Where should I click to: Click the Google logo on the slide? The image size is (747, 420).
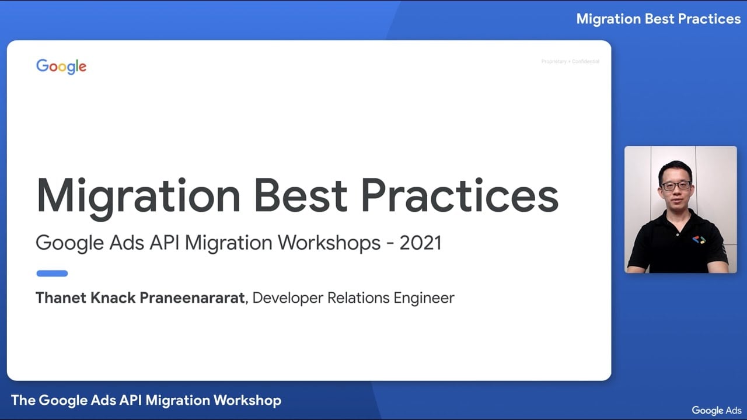[61, 66]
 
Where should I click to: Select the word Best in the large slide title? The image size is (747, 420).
[301, 195]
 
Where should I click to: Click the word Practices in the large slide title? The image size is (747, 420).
[460, 195]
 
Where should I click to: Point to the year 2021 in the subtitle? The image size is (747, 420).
[420, 243]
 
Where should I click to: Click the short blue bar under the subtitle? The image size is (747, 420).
[52, 273]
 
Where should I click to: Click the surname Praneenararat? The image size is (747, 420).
[192, 298]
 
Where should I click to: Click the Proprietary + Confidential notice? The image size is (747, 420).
[570, 61]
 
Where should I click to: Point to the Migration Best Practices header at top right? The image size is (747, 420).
[658, 19]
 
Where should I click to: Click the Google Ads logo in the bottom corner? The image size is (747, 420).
[717, 410]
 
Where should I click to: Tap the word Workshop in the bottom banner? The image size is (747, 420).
[247, 400]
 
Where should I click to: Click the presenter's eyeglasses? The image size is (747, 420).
[676, 185]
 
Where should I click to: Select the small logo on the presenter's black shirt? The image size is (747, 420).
[699, 239]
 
